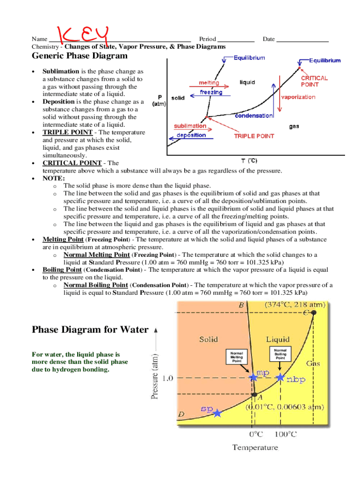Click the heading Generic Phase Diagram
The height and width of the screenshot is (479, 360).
point(79,56)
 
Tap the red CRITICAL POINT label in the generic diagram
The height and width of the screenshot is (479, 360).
point(314,81)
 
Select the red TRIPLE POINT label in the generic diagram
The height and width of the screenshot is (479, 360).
point(254,136)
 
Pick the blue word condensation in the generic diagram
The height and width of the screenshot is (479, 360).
point(254,116)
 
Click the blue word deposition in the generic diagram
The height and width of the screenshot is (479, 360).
point(191,135)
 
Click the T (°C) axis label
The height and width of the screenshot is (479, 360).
point(249,160)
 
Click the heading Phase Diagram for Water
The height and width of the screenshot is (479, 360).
point(90,329)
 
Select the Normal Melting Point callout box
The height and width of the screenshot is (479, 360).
point(234,357)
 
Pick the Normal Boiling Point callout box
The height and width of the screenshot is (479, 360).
point(280,354)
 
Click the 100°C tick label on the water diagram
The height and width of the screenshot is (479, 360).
point(285,434)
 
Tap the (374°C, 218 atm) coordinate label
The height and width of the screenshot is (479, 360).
point(295,305)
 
